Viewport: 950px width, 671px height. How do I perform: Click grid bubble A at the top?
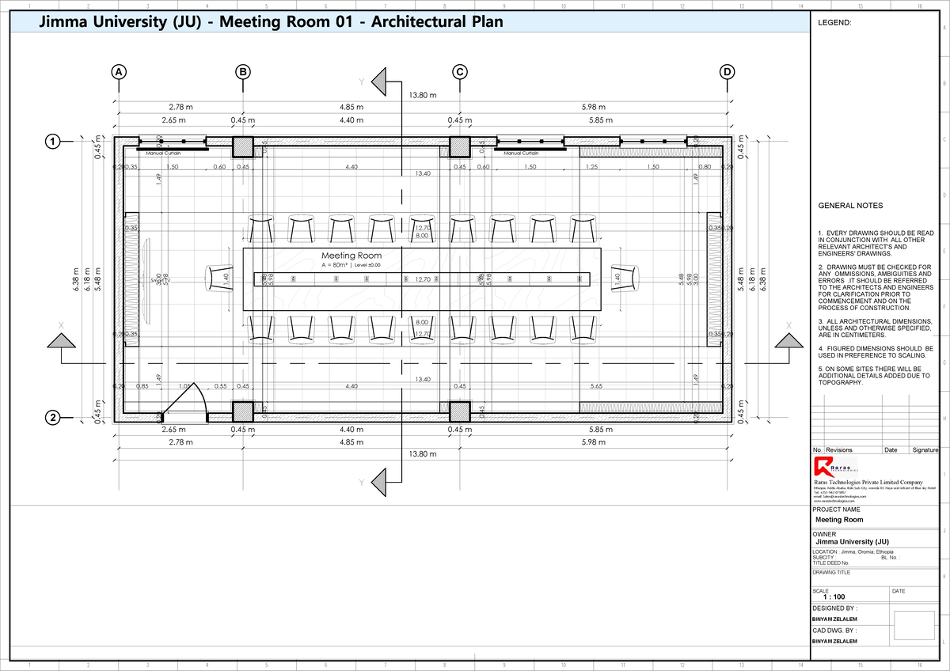coord(119,72)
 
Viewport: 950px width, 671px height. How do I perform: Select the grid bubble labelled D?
coord(728,72)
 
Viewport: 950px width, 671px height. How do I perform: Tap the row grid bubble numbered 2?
coord(52,418)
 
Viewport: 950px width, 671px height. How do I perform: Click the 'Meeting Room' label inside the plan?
coord(351,256)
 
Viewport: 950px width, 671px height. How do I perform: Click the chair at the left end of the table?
coord(218,279)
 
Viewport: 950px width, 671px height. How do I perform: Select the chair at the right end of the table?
coord(625,279)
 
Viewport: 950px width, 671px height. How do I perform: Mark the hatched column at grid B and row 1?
coord(243,147)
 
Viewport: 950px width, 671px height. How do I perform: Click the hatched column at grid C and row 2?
coord(460,411)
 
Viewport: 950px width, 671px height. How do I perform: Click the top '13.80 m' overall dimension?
coord(422,96)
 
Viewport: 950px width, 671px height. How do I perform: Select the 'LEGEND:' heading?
coord(834,24)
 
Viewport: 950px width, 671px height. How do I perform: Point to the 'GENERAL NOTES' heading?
coord(850,206)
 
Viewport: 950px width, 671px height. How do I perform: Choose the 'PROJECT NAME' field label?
coord(837,510)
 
